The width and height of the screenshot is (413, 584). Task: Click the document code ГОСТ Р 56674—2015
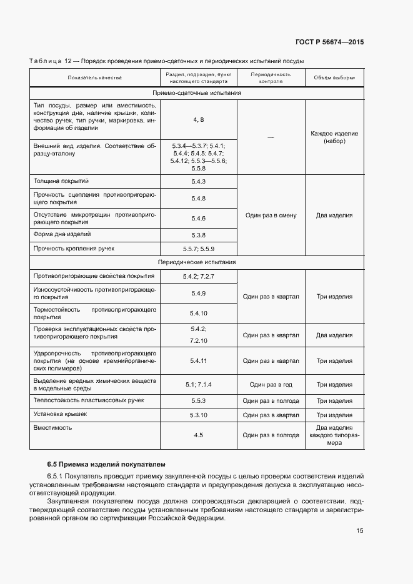pyautogui.click(x=329, y=42)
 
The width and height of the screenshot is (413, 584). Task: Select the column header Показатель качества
pyautogui.click(x=94, y=77)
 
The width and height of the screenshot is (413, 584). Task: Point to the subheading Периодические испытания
pyautogui.click(x=197, y=262)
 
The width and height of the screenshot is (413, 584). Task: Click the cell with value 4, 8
pyautogui.click(x=199, y=119)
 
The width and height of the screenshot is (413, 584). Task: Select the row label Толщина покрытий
pyautogui.click(x=61, y=181)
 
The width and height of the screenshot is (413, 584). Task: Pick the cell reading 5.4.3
pyautogui.click(x=199, y=181)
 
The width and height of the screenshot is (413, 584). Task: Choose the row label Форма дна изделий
pyautogui.click(x=62, y=234)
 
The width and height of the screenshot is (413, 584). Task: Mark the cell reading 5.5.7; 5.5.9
pyautogui.click(x=199, y=249)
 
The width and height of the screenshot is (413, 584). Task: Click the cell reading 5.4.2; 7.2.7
pyautogui.click(x=199, y=275)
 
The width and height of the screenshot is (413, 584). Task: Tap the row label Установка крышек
pyautogui.click(x=60, y=413)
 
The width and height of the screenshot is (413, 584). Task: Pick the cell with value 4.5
pyautogui.click(x=199, y=435)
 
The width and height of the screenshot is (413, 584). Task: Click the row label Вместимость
pyautogui.click(x=52, y=427)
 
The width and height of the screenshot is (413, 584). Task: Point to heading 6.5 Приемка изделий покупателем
pyautogui.click(x=107, y=464)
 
